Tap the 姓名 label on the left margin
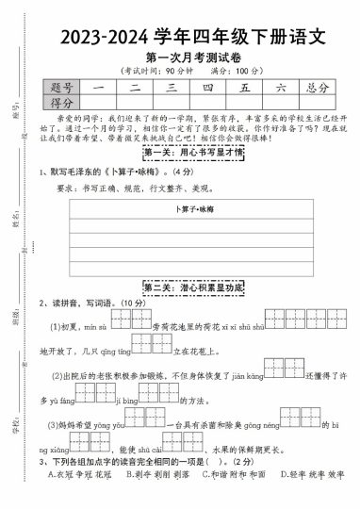(x=17, y=222)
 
